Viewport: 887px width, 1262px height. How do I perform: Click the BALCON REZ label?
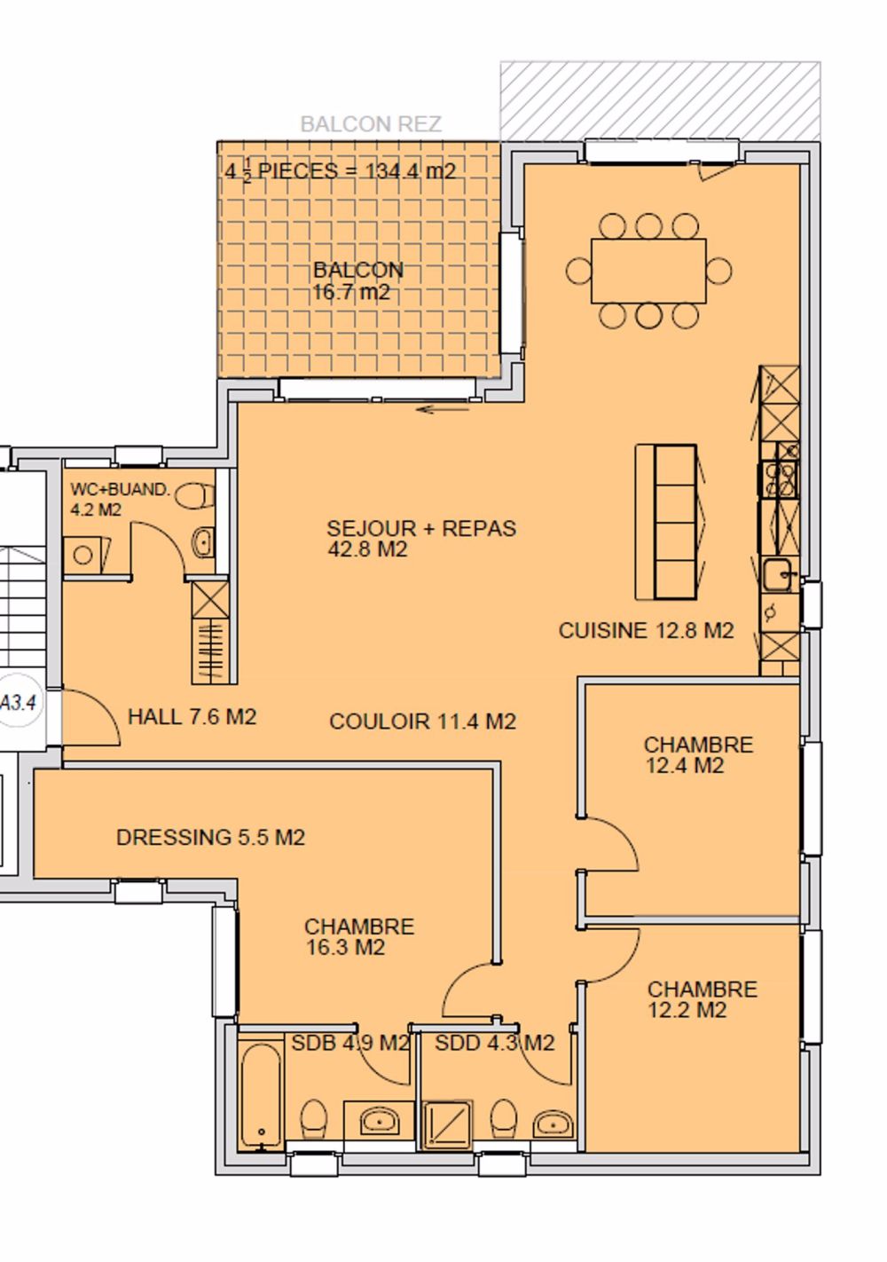point(370,123)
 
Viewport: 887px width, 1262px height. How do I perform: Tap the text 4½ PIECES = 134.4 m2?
point(340,170)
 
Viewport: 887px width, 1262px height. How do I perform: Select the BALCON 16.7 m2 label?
point(357,280)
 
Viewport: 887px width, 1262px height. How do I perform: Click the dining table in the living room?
point(648,271)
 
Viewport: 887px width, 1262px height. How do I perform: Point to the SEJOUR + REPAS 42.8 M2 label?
point(420,538)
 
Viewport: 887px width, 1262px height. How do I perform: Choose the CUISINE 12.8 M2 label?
point(646,630)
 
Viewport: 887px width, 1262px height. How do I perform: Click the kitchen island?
point(666,522)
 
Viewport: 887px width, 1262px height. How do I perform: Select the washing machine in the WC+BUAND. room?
point(85,555)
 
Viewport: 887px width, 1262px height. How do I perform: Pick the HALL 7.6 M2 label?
point(192,716)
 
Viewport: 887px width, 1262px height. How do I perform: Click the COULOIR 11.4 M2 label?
point(422,722)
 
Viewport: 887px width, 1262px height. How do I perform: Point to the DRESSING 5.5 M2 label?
point(210,837)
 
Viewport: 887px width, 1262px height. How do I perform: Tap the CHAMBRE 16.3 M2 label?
point(358,936)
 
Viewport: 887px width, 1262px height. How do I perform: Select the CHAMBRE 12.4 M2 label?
point(697,754)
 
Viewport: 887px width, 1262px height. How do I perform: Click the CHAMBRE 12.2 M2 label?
point(701,999)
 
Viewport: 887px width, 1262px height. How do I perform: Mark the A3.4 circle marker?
point(18,703)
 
